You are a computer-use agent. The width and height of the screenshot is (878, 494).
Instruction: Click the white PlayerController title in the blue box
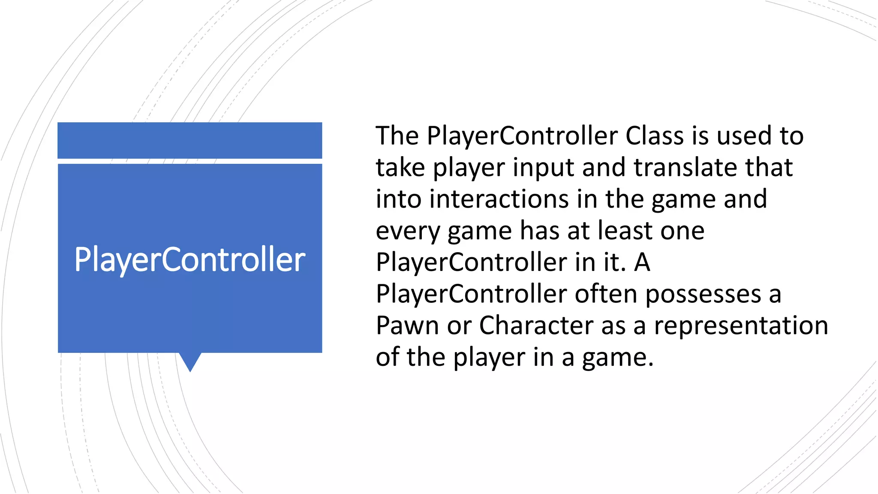pyautogui.click(x=190, y=259)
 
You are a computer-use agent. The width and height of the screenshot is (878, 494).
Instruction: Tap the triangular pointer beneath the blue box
pyautogui.click(x=190, y=361)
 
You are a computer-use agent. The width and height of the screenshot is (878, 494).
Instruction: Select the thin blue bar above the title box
pyautogui.click(x=190, y=140)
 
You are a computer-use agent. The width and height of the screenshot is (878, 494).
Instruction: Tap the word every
pyautogui.click(x=407, y=232)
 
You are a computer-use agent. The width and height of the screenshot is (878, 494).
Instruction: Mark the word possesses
pyautogui.click(x=703, y=295)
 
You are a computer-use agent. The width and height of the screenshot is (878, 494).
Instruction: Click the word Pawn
pyautogui.click(x=407, y=325)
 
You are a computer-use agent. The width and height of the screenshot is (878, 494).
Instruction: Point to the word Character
pyautogui.click(x=536, y=325)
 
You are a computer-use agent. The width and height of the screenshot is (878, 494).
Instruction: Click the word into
pyautogui.click(x=398, y=199)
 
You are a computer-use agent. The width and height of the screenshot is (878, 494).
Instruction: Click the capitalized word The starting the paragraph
pyautogui.click(x=397, y=136)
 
